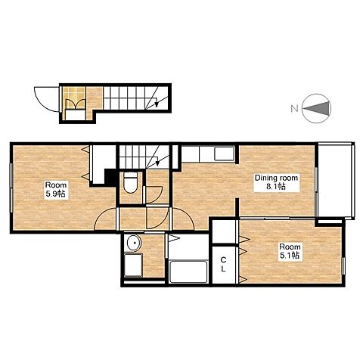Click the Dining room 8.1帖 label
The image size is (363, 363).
tap(276, 182)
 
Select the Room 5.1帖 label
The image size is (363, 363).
tap(290, 251)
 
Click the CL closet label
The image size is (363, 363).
tap(223, 264)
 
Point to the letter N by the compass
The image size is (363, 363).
tap(294, 109)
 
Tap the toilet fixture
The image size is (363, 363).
tap(131, 182)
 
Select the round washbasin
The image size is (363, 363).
tap(135, 243)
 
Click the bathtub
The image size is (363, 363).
tap(189, 271)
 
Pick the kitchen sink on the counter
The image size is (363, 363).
tap(224, 154)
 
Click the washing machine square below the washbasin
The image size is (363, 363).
tap(133, 265)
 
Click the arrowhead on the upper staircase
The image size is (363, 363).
tap(157, 104)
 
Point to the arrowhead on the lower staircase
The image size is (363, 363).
tap(157, 163)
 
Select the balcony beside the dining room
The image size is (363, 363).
tap(335, 181)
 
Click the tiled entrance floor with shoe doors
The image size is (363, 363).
tap(74, 98)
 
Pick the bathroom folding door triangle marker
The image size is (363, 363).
tap(173, 238)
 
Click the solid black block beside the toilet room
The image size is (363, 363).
tap(110, 177)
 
